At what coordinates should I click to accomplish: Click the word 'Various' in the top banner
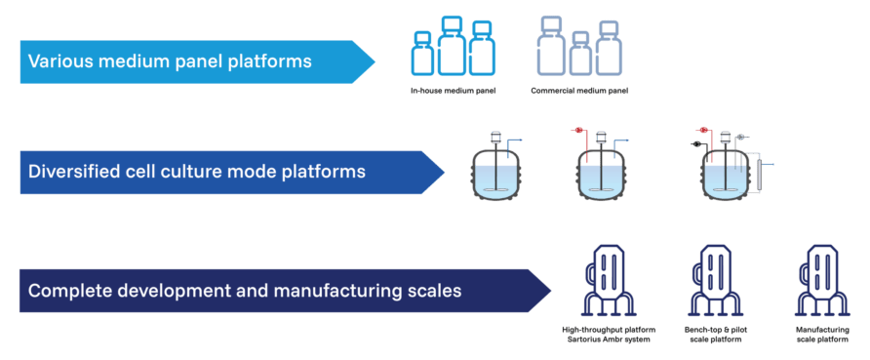coord(59,61)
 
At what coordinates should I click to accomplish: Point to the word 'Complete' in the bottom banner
coord(65,291)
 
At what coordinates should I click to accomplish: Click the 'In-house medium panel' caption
coord(450,91)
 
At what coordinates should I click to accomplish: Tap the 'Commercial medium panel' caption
coord(579,91)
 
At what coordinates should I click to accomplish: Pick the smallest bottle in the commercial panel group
coord(580,55)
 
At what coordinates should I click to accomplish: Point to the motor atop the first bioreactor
coord(496,139)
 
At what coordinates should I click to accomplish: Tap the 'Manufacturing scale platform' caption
coord(817,336)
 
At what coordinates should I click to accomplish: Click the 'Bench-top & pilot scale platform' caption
coord(710,336)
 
